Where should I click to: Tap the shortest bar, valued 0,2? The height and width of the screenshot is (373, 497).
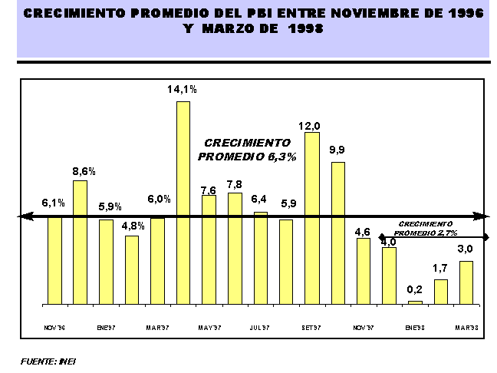[x=415, y=303]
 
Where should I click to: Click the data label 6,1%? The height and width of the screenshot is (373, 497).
[x=53, y=203]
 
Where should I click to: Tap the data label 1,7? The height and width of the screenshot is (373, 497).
[x=440, y=268]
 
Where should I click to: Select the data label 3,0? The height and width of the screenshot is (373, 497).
[x=466, y=249]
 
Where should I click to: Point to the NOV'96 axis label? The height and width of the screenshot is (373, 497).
[x=53, y=327]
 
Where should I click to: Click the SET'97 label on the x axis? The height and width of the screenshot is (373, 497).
[x=311, y=327]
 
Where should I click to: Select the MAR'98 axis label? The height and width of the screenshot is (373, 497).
[x=466, y=327]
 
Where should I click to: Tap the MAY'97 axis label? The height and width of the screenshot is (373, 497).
[x=209, y=327]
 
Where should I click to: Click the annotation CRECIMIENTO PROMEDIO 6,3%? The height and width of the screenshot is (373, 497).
[x=247, y=149]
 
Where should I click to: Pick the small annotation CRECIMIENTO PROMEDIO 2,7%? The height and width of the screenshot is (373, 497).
[x=428, y=228]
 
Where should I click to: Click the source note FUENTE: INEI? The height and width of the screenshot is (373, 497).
[x=48, y=360]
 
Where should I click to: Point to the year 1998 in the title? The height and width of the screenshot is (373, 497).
[x=301, y=28]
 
